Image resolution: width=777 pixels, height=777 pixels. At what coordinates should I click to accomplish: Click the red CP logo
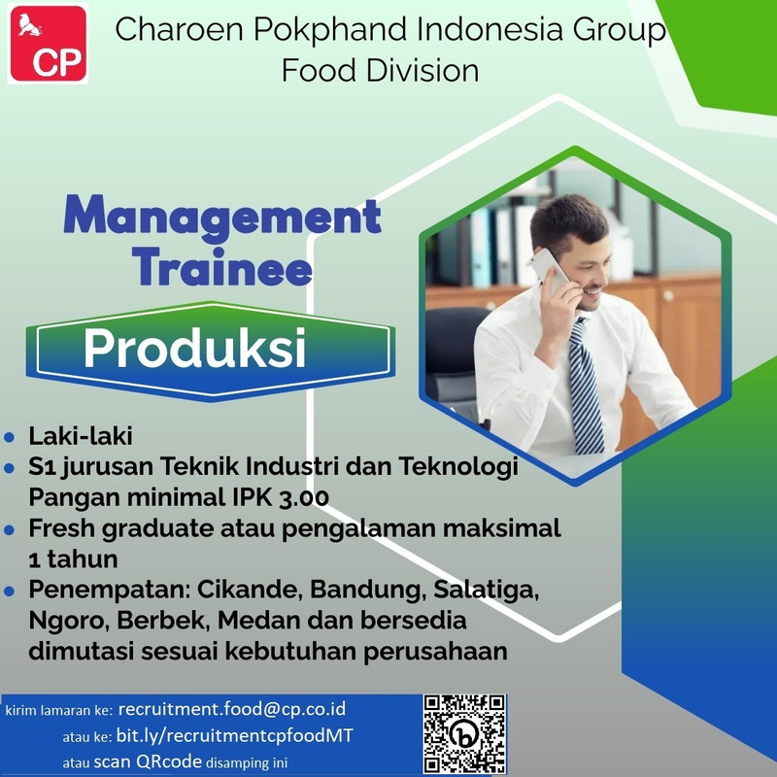pyautogui.click(x=48, y=43)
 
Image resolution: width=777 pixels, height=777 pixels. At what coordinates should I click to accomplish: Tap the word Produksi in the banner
pyautogui.click(x=195, y=348)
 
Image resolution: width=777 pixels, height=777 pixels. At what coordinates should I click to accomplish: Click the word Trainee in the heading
pyautogui.click(x=222, y=268)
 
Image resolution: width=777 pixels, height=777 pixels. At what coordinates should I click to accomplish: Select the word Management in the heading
pyautogui.click(x=222, y=215)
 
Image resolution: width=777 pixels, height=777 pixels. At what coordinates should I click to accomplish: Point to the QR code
pyautogui.click(x=464, y=733)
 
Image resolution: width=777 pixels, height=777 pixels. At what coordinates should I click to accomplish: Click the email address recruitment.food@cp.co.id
pyautogui.click(x=232, y=709)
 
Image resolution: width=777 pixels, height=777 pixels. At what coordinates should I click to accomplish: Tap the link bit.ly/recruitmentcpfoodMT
pyautogui.click(x=234, y=735)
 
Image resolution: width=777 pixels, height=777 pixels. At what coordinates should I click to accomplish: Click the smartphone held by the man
pyautogui.click(x=549, y=270)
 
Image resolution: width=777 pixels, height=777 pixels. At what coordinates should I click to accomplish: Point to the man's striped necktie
pyautogui.click(x=586, y=385)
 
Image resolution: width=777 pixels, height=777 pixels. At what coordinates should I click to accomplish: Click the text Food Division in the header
pyautogui.click(x=380, y=70)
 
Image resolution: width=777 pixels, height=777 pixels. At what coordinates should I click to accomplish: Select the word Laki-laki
pyautogui.click(x=81, y=436)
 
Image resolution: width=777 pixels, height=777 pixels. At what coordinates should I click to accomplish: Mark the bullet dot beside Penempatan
pyautogui.click(x=9, y=591)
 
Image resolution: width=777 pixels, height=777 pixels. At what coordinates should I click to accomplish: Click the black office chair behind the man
pyautogui.click(x=454, y=356)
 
